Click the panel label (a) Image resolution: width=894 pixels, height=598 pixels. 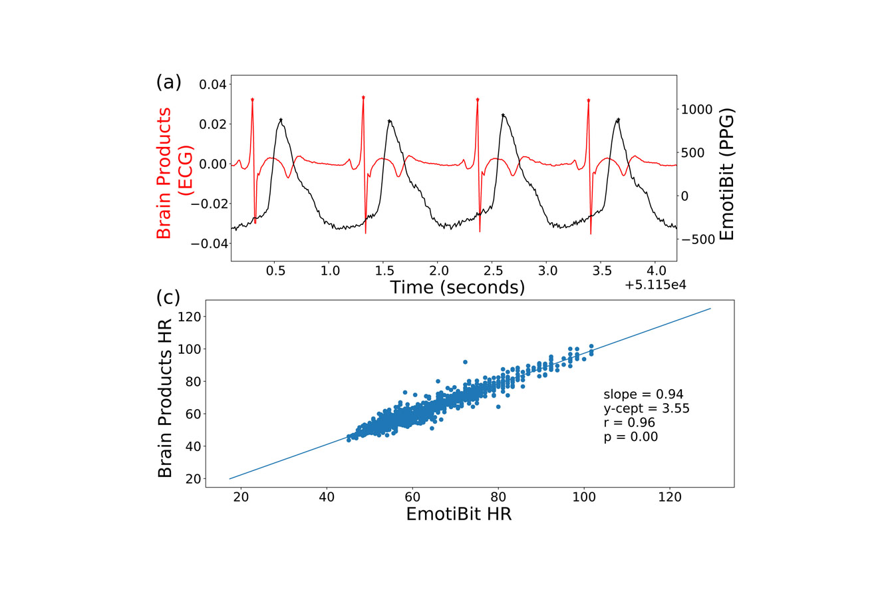(168, 82)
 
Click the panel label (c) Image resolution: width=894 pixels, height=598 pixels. (168, 298)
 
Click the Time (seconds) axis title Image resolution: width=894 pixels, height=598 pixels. (457, 287)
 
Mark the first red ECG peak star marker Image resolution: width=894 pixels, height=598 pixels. (253, 100)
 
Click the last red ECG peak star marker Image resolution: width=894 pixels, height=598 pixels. (589, 100)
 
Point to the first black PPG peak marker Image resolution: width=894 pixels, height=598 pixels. (281, 120)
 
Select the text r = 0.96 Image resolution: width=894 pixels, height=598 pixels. (629, 423)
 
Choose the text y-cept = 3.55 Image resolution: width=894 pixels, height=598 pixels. (646, 408)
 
